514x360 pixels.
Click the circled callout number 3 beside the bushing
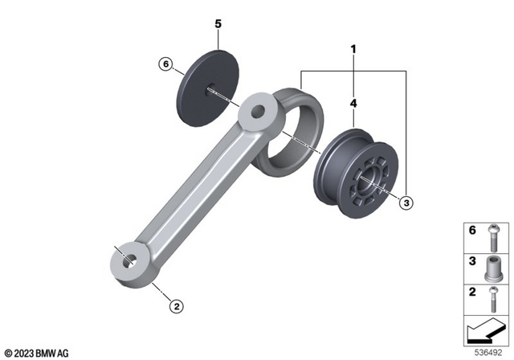[x=406, y=204]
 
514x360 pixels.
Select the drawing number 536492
[x=490, y=351]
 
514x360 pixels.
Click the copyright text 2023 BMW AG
[x=36, y=353]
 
